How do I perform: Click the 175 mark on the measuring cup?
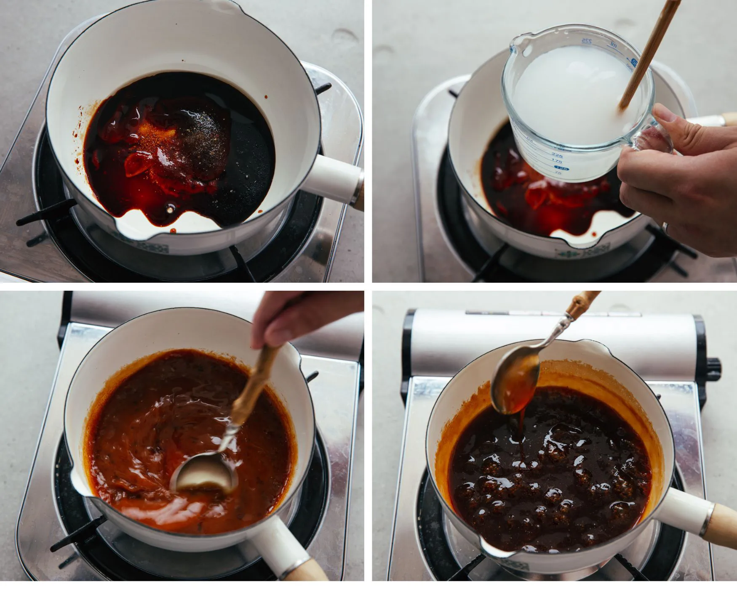[x=556, y=161]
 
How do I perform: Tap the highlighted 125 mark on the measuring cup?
[x=563, y=168]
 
